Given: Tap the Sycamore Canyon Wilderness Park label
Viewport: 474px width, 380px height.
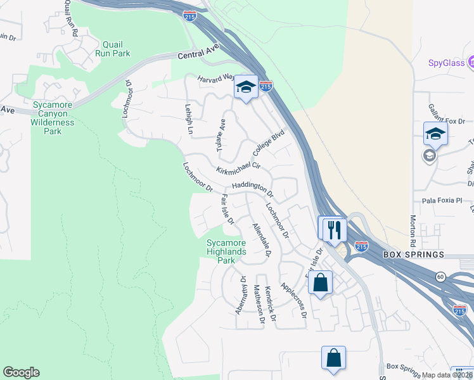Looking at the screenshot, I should click(53, 118).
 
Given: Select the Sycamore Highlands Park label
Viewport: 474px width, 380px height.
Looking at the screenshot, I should click(226, 251).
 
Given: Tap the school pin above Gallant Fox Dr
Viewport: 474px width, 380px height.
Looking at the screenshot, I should click(435, 134).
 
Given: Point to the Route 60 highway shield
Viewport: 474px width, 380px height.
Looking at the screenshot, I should click(440, 276).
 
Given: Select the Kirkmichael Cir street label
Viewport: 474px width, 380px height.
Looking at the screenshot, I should click(238, 168).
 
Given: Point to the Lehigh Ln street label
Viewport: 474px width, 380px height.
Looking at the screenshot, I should click(188, 119).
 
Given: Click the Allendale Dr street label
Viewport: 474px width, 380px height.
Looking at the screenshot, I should click(261, 240).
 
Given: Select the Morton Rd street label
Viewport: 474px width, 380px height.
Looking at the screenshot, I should click(412, 232).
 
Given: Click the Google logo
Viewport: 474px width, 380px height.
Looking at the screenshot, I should click(21, 372).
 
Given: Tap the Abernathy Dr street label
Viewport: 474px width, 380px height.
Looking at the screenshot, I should click(240, 294).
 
